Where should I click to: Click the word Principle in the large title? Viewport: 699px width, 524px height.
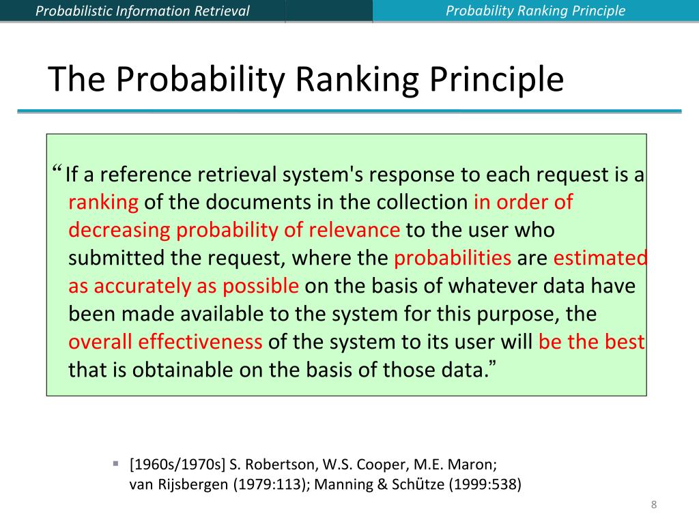click(496, 80)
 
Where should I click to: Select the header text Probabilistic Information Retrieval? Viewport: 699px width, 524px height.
click(142, 11)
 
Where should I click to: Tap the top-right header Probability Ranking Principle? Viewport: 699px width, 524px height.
click(535, 11)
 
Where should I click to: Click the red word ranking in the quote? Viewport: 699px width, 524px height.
click(104, 203)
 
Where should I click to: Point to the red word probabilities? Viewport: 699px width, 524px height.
click(453, 258)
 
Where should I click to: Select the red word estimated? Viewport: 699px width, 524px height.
click(599, 258)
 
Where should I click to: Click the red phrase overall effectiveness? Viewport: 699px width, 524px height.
click(165, 341)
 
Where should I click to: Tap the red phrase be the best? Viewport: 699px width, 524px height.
click(591, 341)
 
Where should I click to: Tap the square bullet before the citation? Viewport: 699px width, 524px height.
click(115, 464)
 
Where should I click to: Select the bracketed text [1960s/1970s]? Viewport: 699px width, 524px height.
click(177, 466)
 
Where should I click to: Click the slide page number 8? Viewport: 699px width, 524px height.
click(654, 505)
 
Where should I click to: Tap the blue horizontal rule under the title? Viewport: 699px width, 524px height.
click(349, 111)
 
